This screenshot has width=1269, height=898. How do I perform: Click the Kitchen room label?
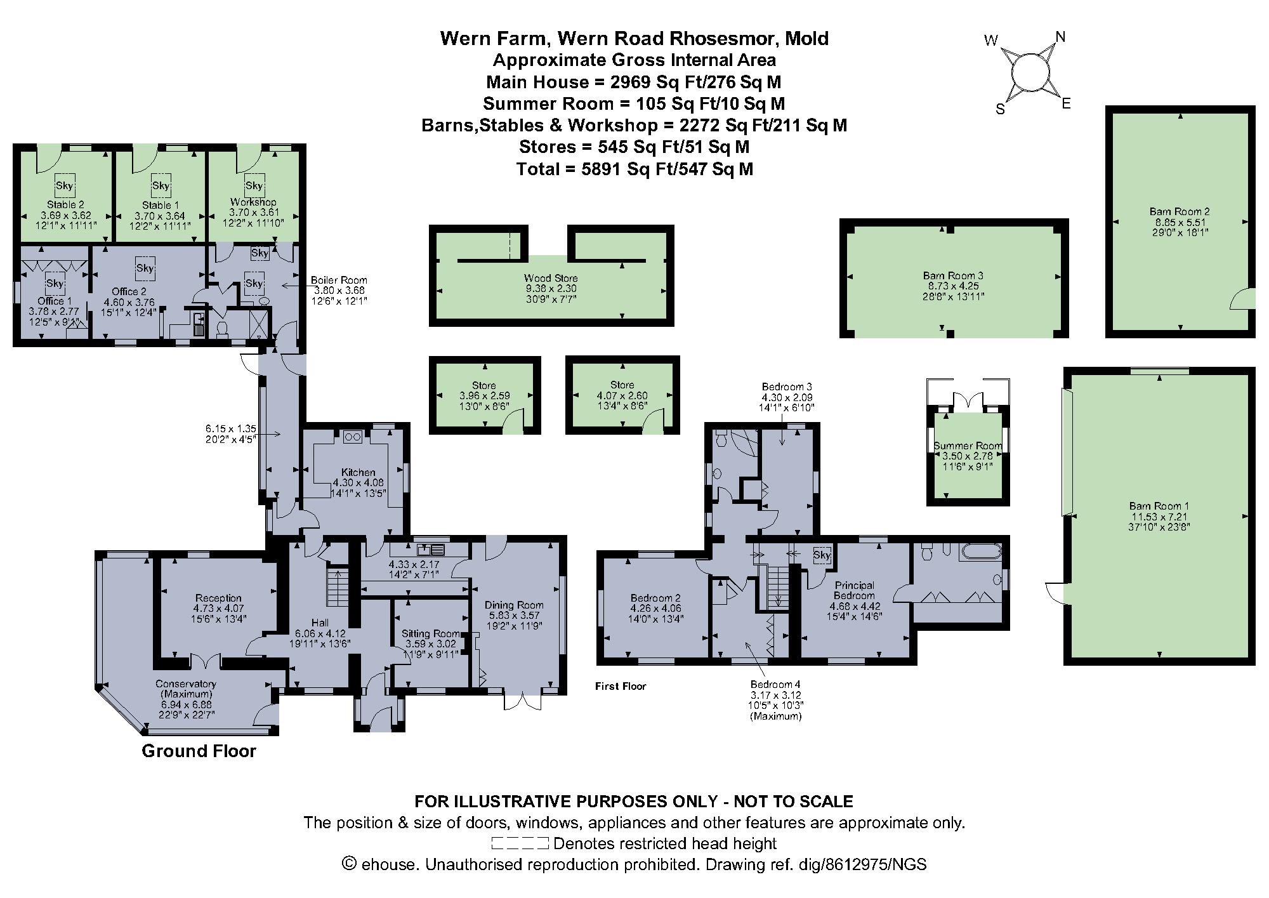[x=358, y=472]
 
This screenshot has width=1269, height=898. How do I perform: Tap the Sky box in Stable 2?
[x=65, y=186]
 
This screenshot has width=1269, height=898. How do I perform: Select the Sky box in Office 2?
[x=145, y=268]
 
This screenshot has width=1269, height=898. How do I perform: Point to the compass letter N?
[x=1060, y=37]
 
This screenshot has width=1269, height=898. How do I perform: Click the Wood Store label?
[x=551, y=278]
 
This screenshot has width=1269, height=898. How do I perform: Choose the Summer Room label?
[x=968, y=446]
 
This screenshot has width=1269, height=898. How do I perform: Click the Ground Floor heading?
[x=199, y=751]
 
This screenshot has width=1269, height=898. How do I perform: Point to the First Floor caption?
[x=620, y=686]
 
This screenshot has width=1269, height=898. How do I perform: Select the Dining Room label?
[x=514, y=605]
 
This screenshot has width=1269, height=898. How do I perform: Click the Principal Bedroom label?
[x=854, y=590]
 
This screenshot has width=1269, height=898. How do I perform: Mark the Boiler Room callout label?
[x=339, y=280]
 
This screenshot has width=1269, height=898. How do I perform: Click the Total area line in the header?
[x=634, y=169]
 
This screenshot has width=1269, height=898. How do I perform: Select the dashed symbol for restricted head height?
[x=520, y=843]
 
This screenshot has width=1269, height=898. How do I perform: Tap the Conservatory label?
[x=186, y=684]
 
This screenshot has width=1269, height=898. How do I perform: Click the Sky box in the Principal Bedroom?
[x=822, y=555]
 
